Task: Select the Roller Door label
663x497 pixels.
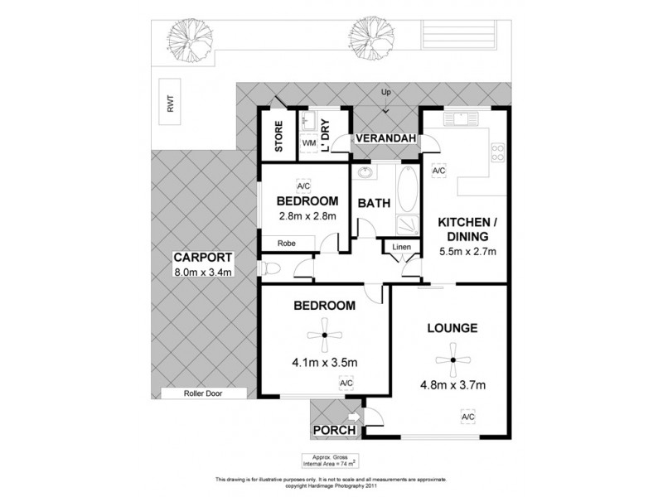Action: coord(204,394)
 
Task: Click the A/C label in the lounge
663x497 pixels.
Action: coord(467,416)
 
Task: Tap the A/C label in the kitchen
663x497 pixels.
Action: coord(439,171)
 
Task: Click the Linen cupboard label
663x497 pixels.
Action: coord(400,247)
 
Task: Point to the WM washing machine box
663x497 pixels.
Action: coord(308,143)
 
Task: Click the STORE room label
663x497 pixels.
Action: coord(279,136)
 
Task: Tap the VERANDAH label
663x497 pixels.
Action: coord(386,139)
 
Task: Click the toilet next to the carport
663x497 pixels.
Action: coord(269,268)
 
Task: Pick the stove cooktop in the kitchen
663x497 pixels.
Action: coord(498,153)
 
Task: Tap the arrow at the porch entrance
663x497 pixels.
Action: coord(354,417)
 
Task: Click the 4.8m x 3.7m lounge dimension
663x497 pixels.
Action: coord(452,385)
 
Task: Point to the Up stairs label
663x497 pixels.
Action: coord(385,91)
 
